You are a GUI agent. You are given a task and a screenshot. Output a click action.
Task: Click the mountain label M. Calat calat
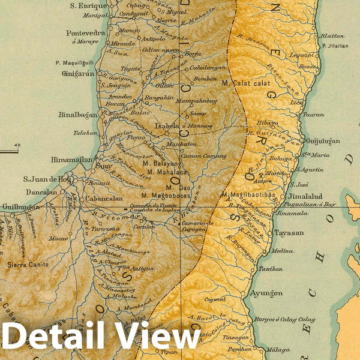pos(244,83)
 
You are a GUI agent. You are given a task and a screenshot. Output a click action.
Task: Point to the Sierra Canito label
pos(29,264)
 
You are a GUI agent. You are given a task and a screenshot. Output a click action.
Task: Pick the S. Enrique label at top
pos(89,5)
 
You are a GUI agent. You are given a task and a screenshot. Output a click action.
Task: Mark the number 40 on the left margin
pos(16,145)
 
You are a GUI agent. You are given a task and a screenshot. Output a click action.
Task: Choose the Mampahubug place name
pos(197,102)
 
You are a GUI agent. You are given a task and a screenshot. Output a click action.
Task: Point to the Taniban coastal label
pos(270,269)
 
